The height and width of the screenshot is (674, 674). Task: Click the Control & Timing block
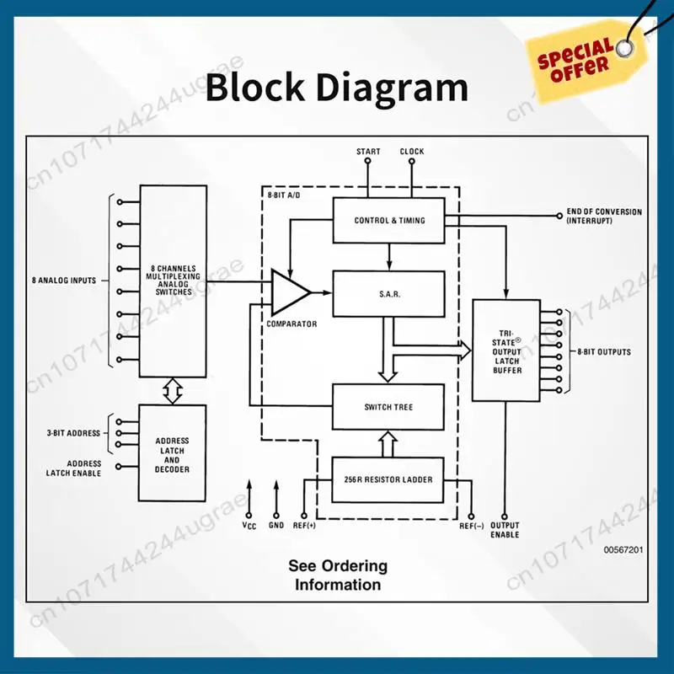(388, 221)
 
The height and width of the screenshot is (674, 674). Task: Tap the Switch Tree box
(388, 407)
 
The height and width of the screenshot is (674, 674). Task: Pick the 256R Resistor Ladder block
(388, 479)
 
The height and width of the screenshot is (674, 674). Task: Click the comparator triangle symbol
(289, 292)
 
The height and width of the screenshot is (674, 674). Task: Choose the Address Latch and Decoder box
(172, 455)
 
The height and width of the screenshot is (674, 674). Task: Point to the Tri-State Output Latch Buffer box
(505, 350)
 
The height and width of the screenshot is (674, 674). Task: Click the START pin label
(368, 152)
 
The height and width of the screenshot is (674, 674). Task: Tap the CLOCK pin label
(412, 152)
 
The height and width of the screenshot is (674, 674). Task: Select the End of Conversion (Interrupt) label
(603, 216)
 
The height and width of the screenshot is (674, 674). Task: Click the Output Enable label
(505, 531)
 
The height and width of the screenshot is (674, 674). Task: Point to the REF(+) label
(303, 526)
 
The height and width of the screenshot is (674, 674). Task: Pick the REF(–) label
(472, 526)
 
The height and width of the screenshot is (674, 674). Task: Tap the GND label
(275, 526)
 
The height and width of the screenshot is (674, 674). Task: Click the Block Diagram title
(336, 88)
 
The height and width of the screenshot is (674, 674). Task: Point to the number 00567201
(623, 549)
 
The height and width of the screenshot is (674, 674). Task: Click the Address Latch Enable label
(74, 468)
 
